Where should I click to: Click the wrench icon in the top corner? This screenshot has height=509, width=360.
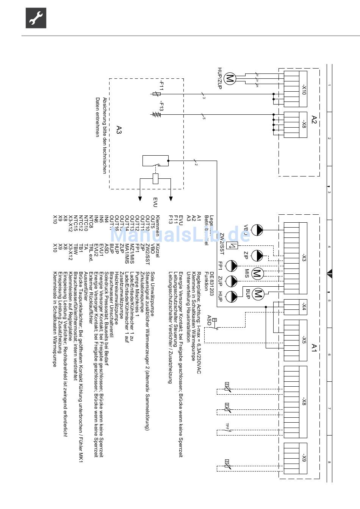click(36, 18)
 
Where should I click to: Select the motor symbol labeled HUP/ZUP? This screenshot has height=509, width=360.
click(230, 78)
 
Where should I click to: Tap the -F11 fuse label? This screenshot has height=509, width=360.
click(161, 86)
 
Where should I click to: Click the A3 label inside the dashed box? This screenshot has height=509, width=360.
click(119, 130)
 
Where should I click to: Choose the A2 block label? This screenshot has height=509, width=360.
click(313, 120)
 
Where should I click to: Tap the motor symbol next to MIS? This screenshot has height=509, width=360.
click(258, 273)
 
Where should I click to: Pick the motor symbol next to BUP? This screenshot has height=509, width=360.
click(258, 294)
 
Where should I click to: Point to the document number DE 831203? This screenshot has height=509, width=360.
click(212, 281)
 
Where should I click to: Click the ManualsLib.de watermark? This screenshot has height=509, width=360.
click(180, 235)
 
